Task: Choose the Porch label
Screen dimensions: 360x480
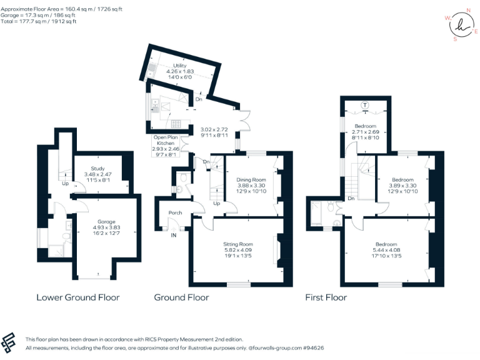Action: (175, 213)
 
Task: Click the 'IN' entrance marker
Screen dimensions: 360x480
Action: (174, 236)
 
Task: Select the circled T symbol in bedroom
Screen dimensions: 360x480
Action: (365, 104)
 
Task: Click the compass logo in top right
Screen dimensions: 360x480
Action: (461, 25)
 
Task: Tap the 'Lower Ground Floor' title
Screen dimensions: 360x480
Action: (77, 297)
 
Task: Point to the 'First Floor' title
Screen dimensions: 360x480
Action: (326, 297)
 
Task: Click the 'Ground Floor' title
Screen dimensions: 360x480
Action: (181, 297)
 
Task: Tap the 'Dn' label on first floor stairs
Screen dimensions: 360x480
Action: (351, 199)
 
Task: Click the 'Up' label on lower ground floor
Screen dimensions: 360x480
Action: (64, 184)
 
